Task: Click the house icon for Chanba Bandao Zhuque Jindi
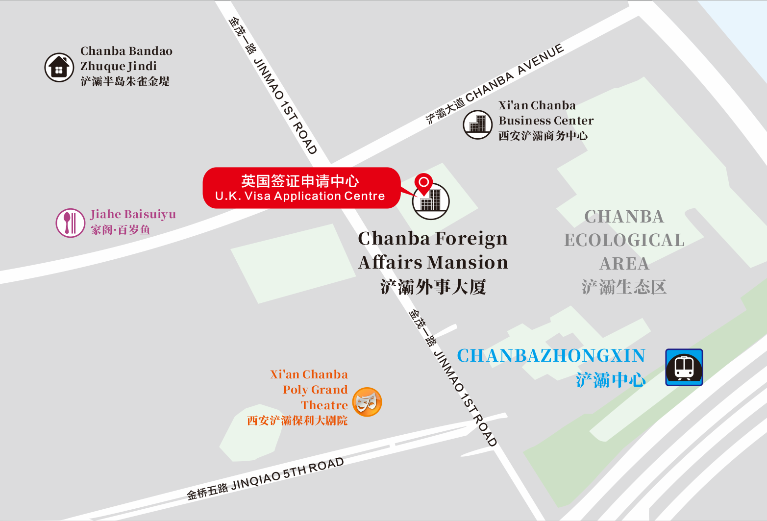59,68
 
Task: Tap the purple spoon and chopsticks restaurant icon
71,223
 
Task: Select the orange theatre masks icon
367,402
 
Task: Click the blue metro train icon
684,367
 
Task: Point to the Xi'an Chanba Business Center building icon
477,124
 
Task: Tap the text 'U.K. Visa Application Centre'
300,196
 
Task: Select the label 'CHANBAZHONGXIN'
551,356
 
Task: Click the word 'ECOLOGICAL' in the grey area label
624,240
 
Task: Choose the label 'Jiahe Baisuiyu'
133,215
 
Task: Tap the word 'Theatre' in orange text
324,405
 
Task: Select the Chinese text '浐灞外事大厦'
433,287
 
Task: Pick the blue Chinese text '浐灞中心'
611,380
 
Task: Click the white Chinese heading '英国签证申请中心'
300,181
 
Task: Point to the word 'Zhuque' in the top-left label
99,66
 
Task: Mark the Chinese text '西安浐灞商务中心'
543,136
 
